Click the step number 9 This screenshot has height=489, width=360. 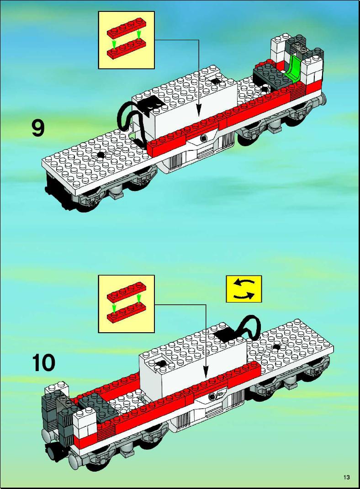(x=38, y=128)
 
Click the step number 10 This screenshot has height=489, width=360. (x=44, y=363)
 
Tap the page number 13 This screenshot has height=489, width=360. (x=347, y=477)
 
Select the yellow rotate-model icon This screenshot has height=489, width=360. (x=244, y=289)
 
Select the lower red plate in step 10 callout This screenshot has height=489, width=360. (x=126, y=313)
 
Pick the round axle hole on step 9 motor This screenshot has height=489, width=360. (x=204, y=138)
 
